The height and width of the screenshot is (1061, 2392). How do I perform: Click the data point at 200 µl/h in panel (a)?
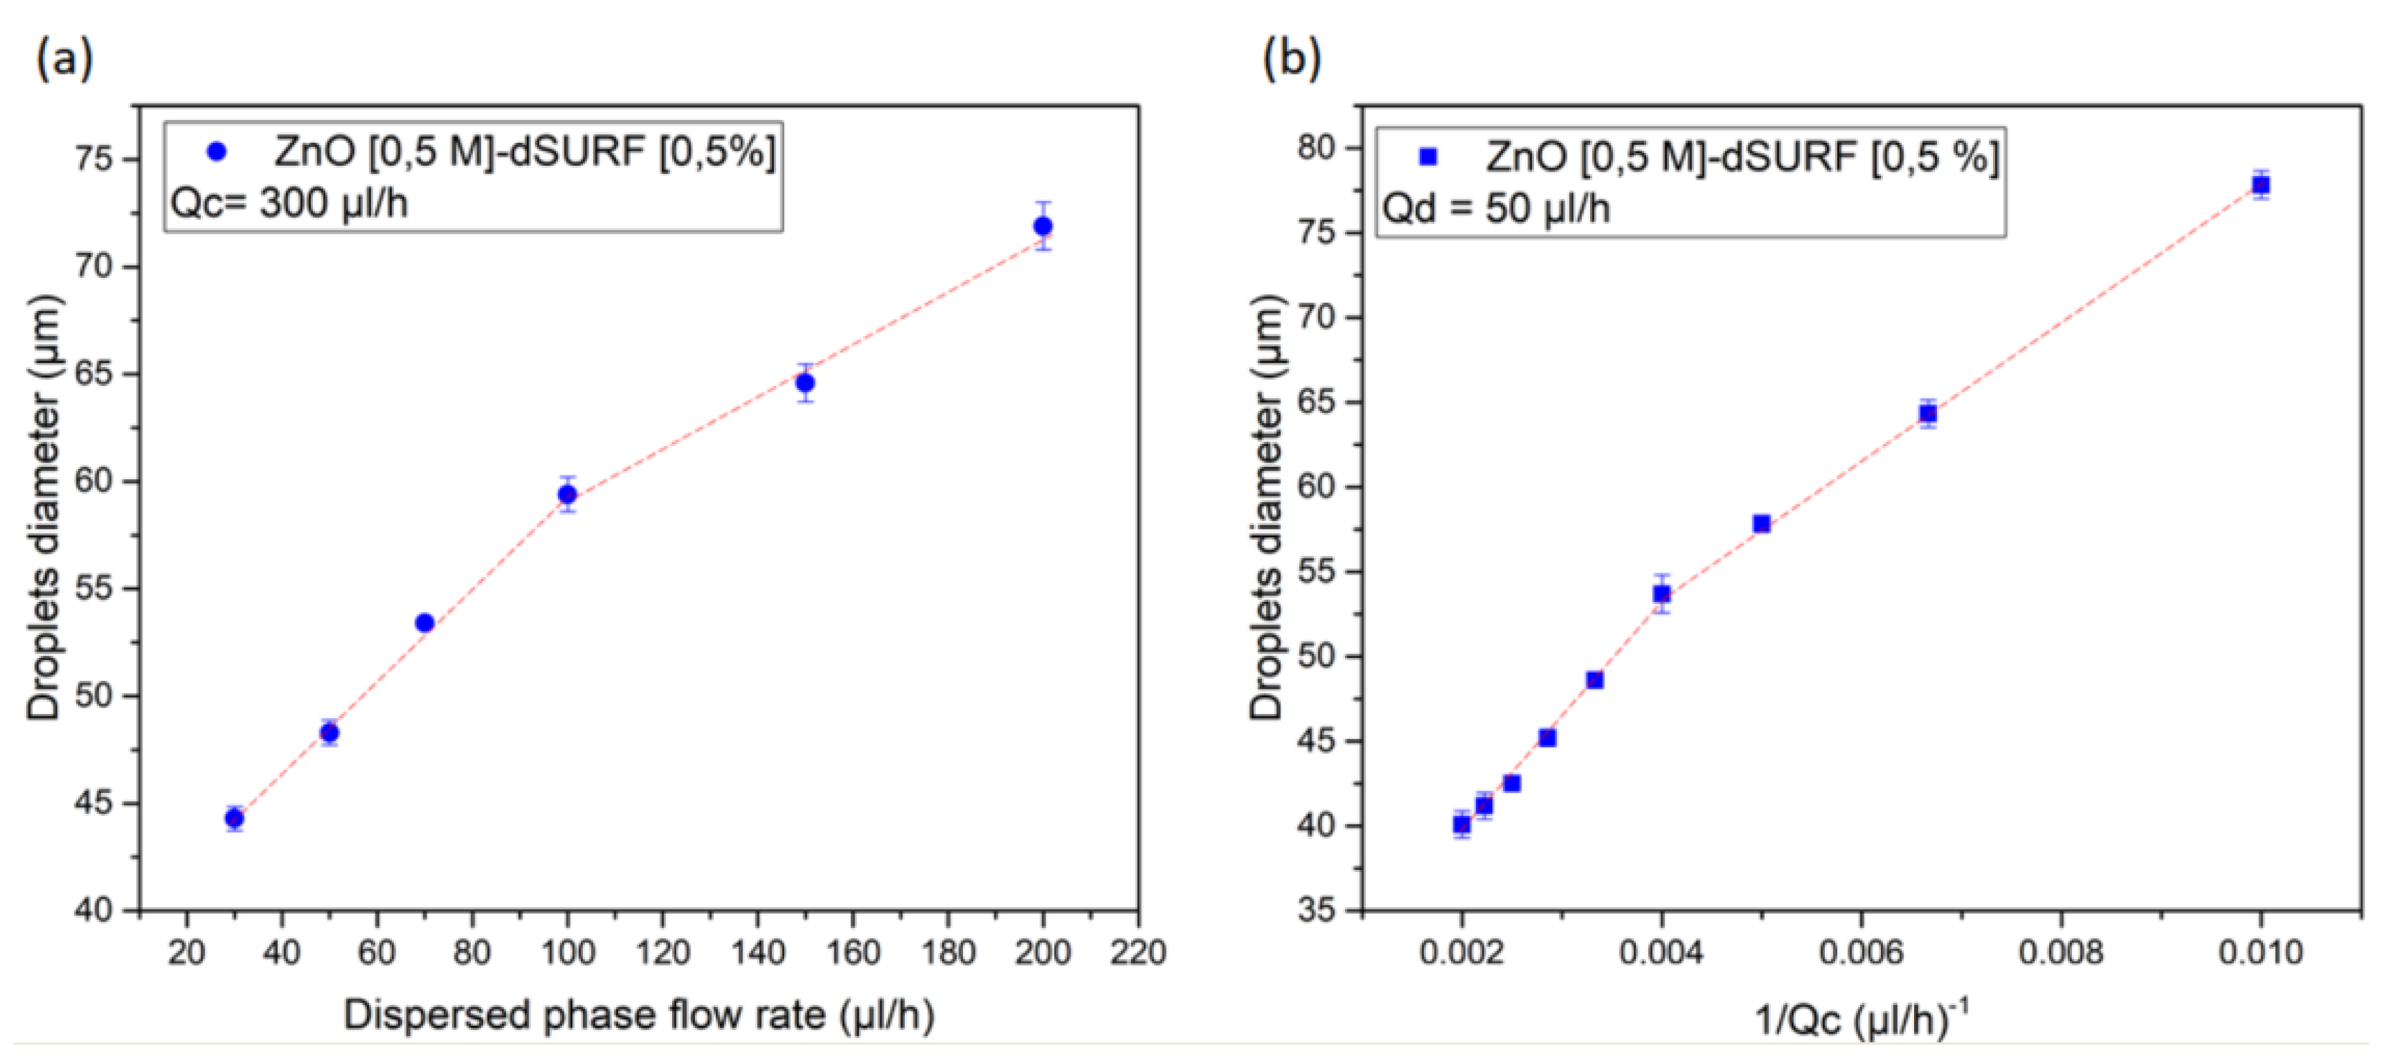[x=1042, y=226]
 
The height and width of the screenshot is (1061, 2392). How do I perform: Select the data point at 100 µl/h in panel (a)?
[x=567, y=494]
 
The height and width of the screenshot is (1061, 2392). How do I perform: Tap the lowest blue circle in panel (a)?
[x=234, y=818]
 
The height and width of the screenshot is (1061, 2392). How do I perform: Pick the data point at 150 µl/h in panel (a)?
[x=805, y=383]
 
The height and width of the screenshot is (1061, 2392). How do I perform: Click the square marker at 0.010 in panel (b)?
[x=2260, y=185]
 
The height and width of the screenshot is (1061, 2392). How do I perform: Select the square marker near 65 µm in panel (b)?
[x=1928, y=413]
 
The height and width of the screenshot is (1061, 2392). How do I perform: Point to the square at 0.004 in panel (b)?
[x=1661, y=593]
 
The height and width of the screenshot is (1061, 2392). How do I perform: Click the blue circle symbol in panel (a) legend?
[x=216, y=151]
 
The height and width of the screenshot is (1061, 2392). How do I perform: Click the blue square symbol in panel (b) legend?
[x=1428, y=157]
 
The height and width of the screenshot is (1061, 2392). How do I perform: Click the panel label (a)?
[x=64, y=59]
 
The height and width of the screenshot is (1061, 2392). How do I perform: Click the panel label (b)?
[x=1291, y=59]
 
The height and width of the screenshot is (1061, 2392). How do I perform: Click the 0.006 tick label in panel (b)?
[x=1861, y=952]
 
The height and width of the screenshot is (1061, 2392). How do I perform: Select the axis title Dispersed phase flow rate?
[x=639, y=1015]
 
